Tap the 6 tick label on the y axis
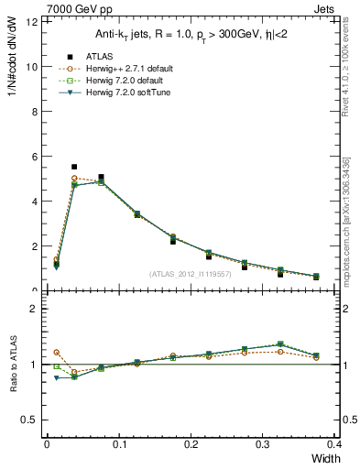pos(35,157)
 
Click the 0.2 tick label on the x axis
pos(191,443)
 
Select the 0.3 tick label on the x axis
pos(263,443)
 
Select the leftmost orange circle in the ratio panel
pos(57,352)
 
